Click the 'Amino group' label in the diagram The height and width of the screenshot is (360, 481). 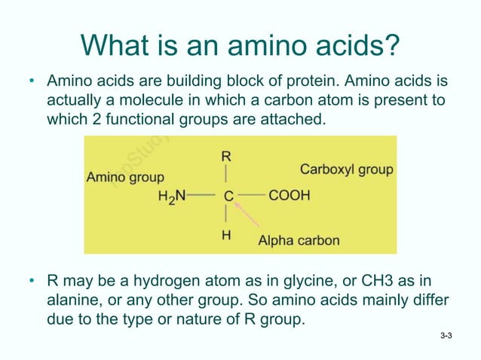click(125, 178)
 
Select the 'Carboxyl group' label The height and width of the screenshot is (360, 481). click(347, 169)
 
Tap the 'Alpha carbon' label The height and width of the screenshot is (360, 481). click(299, 241)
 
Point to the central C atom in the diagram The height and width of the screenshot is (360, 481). click(228, 196)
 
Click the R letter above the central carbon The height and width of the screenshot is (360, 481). click(226, 157)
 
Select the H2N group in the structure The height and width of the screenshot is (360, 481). click(171, 196)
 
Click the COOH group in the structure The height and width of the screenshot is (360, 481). click(289, 196)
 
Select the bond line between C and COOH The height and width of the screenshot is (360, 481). click(253, 196)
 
